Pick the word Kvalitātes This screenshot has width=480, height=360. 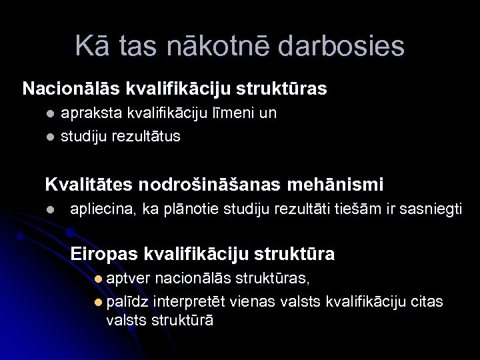coord(89,183)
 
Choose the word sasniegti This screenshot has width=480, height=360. coord(430,209)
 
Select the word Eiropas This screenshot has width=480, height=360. coord(105,254)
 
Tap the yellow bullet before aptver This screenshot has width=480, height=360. coord(99,278)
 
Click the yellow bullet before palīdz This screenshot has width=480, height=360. coord(99,302)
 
